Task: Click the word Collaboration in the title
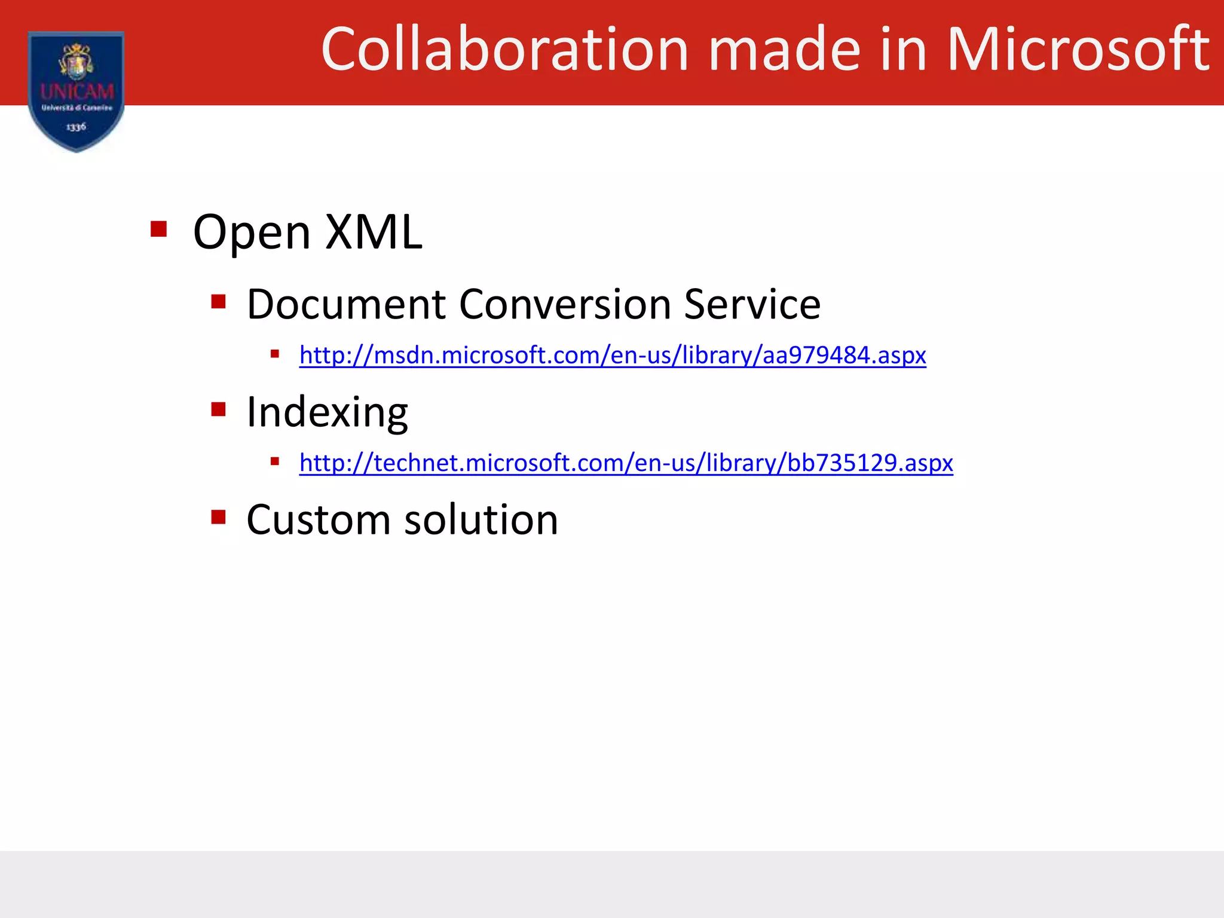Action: tap(505, 50)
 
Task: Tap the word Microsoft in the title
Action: tap(1078, 50)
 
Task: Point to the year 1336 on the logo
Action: tap(76, 127)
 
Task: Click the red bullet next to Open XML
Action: tap(158, 229)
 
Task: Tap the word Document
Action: tap(347, 305)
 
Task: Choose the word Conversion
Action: tap(565, 305)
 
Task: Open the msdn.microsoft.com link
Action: tap(613, 356)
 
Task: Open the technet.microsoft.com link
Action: tap(626, 463)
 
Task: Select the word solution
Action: tap(481, 520)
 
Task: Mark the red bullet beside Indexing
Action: tap(218, 409)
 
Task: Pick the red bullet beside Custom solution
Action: tap(218, 517)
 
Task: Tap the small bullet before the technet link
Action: tap(275, 461)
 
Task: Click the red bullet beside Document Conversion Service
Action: tap(218, 301)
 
